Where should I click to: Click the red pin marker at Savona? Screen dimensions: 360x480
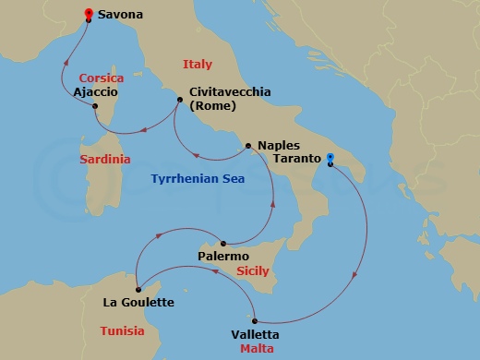coord(88,14)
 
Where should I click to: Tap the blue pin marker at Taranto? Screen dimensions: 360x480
coord(330,160)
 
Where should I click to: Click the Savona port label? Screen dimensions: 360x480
coord(122,16)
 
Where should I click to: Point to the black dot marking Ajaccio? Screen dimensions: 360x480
coord(95,106)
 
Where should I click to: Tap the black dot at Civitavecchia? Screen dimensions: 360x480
coord(179,100)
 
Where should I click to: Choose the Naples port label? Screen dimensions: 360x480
coord(278,146)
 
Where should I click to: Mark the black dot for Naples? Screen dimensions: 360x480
coord(246,146)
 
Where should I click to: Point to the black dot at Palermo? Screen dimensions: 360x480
coord(223,244)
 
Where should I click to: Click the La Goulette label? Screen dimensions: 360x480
coord(139,302)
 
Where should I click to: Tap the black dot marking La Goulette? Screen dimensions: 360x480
coord(137,290)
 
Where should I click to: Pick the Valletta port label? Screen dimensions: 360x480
coord(255,334)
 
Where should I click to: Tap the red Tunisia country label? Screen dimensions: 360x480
coord(122,330)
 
